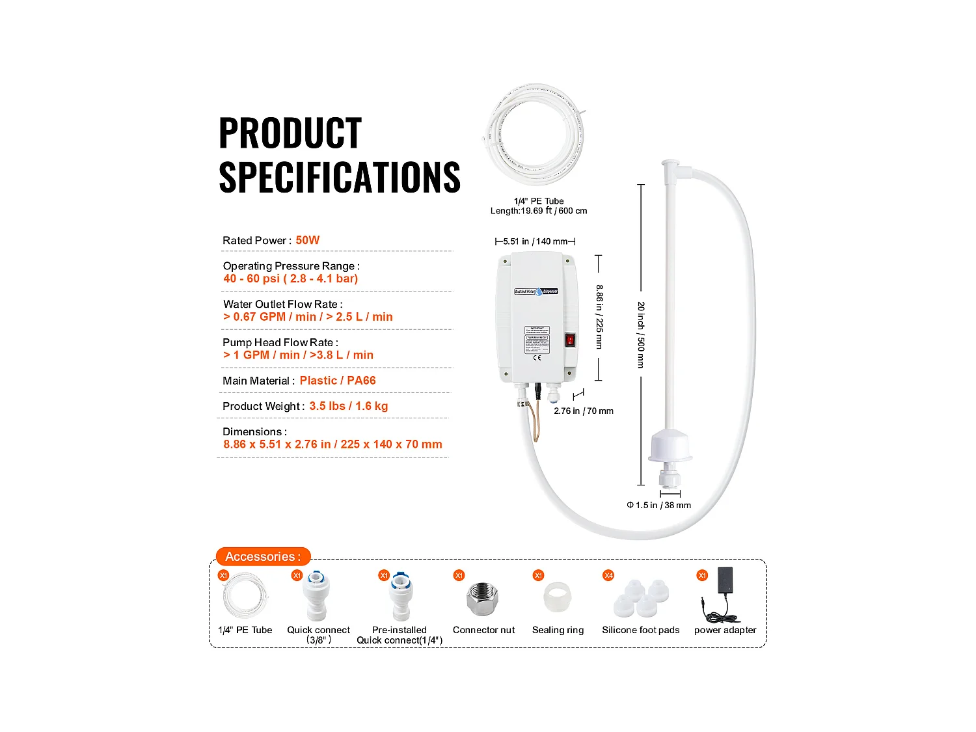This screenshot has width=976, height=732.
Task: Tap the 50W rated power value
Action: (308, 240)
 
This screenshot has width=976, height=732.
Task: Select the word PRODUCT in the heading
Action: (290, 133)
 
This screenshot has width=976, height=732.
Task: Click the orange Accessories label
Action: (263, 556)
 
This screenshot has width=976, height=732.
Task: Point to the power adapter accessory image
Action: (722, 595)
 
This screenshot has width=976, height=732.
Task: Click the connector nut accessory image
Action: (483, 599)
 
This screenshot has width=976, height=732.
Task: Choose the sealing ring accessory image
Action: (558, 598)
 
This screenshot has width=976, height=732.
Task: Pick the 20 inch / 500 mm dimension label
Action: (641, 335)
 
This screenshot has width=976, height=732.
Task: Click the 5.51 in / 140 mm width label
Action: (535, 241)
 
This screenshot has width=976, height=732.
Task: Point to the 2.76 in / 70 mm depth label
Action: (584, 411)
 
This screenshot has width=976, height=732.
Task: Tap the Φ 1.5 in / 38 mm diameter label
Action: (658, 505)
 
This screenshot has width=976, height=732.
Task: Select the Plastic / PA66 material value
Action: (338, 381)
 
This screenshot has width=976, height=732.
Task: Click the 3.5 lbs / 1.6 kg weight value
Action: (349, 406)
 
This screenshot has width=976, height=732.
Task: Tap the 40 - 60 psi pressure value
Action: (291, 278)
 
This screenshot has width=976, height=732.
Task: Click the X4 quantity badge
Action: (608, 575)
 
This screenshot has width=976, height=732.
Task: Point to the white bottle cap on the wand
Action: (670, 448)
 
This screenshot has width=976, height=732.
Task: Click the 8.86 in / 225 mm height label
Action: (599, 317)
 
